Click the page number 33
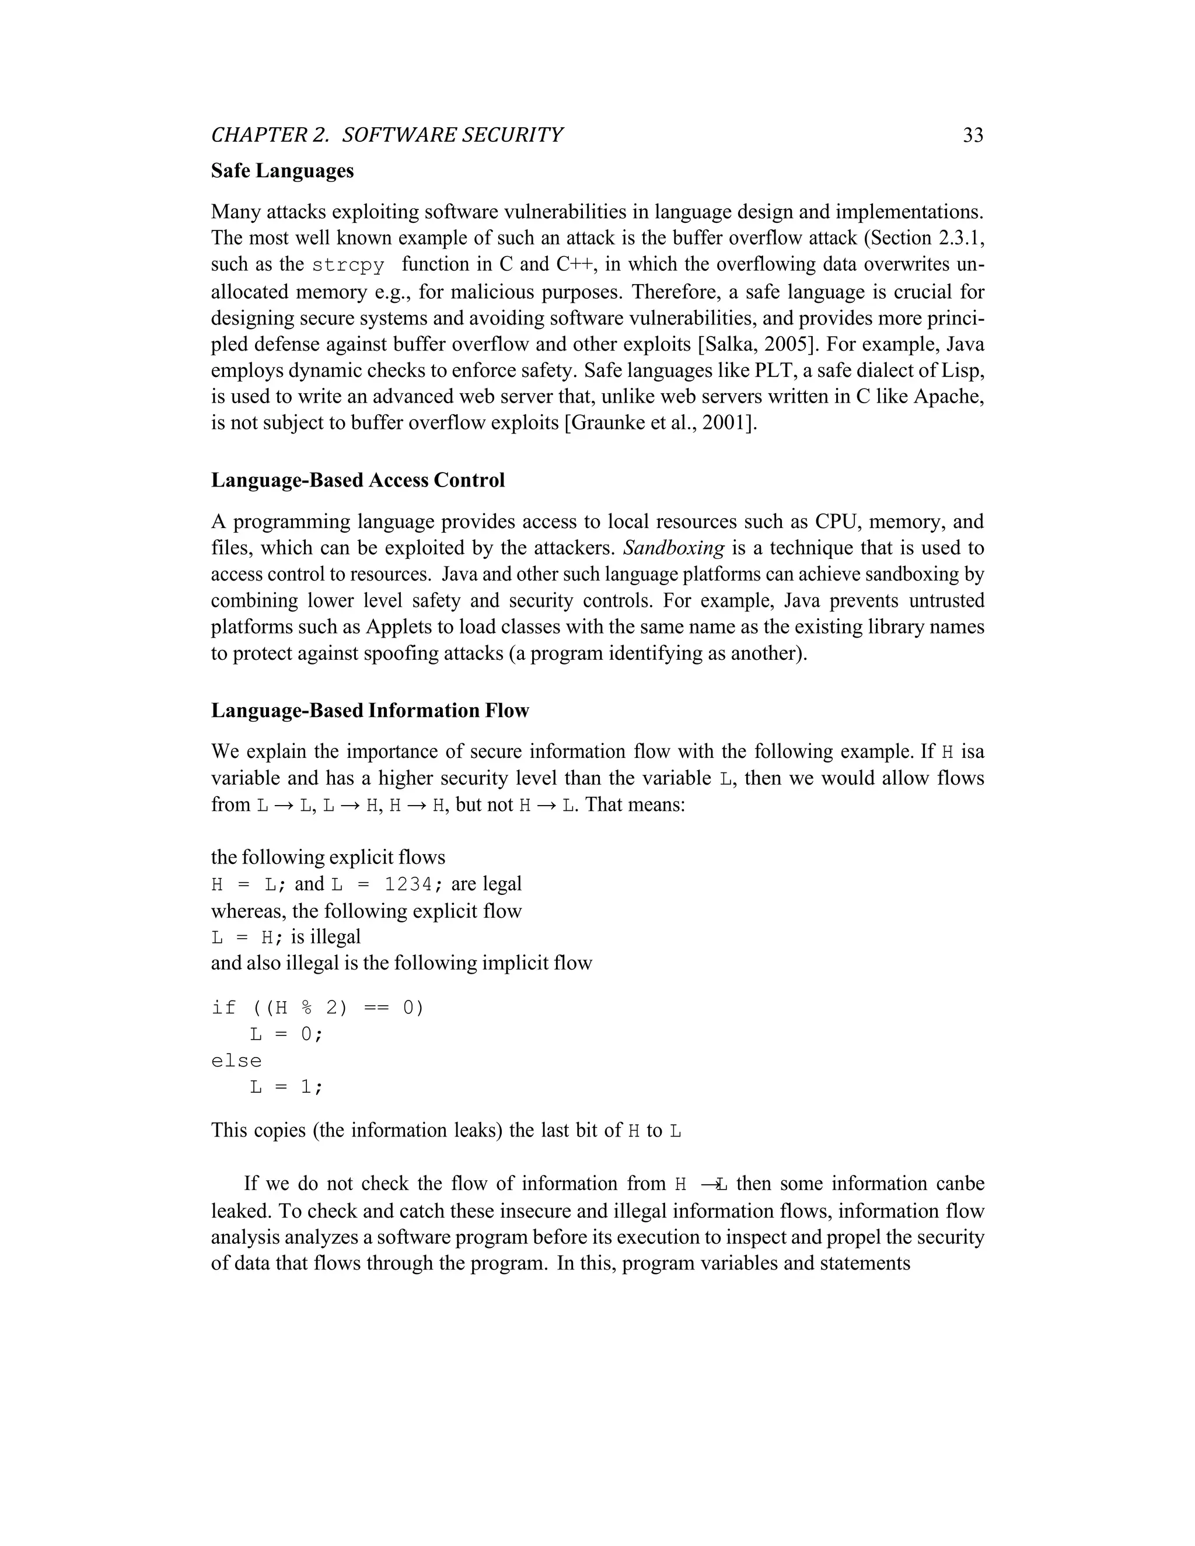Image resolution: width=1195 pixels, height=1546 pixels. tap(973, 135)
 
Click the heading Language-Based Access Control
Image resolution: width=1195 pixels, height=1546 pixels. tap(358, 480)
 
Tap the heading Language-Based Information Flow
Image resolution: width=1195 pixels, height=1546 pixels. tap(369, 710)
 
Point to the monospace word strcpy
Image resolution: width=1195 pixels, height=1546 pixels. tap(348, 265)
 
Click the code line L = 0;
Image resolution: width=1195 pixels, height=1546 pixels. tap(286, 1034)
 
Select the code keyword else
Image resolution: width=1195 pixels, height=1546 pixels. tap(236, 1061)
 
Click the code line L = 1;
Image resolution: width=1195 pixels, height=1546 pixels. tap(286, 1087)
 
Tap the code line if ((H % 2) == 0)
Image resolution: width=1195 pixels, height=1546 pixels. tap(317, 1008)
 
